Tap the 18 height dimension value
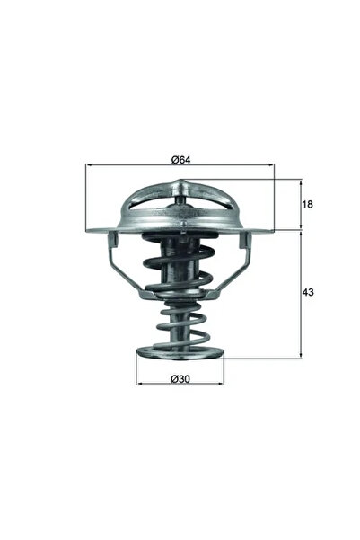(308, 205)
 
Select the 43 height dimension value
(308, 294)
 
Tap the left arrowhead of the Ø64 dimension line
(89, 166)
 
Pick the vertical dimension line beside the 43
(299, 294)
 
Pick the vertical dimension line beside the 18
(299, 205)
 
